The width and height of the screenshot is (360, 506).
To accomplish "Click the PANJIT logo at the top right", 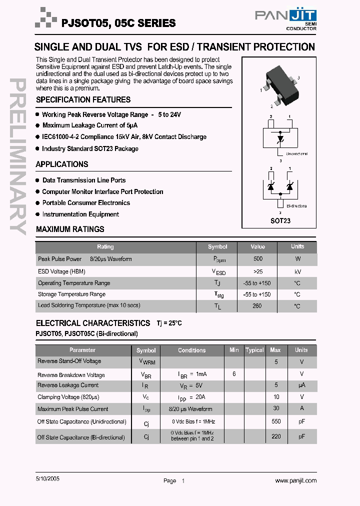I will [285, 17].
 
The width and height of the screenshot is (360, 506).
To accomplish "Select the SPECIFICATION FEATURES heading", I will [83, 100].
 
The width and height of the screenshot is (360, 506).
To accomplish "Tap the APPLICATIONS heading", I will [62, 164].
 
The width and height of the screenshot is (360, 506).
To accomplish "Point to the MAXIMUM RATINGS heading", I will [70, 229].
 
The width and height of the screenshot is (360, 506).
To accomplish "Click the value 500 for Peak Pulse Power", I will [257, 259].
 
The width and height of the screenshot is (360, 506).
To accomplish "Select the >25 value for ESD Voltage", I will [257, 271].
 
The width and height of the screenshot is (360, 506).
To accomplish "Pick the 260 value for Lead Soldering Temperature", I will [257, 306].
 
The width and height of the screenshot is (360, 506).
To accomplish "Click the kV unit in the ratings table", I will [297, 271].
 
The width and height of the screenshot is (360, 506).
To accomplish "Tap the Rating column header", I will [105, 246].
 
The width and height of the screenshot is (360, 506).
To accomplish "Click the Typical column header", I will [254, 350].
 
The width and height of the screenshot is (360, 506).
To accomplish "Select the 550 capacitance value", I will [275, 421].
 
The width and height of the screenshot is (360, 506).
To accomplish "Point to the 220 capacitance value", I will [275, 436].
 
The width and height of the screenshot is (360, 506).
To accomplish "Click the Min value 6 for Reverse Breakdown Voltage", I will [234, 374].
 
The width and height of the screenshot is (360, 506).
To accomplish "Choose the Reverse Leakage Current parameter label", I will [68, 385].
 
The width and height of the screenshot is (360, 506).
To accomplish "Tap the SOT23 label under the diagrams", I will [280, 220].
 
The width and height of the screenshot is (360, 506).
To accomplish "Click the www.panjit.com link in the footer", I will [296, 480].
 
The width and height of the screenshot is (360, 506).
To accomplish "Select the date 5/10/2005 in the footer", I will [48, 478].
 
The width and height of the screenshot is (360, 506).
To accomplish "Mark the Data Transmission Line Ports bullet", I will [84, 180].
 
